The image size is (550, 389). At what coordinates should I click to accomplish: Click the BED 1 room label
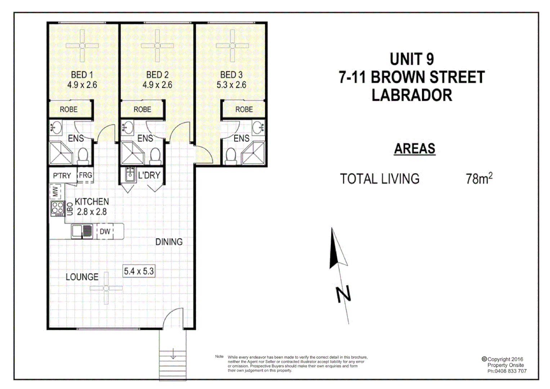click(x=82, y=75)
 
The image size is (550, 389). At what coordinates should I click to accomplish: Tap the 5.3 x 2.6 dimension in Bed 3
click(x=231, y=85)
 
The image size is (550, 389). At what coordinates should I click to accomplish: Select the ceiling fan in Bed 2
click(x=157, y=46)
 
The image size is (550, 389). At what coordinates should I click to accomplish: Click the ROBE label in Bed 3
click(x=244, y=109)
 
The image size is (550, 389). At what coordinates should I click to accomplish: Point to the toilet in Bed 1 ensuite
click(x=83, y=156)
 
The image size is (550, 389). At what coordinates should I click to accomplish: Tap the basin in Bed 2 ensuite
click(x=128, y=127)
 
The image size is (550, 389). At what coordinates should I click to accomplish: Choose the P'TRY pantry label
click(x=62, y=176)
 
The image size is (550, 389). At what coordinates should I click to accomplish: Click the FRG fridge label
click(x=85, y=175)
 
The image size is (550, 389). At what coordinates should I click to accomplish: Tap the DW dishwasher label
click(x=105, y=232)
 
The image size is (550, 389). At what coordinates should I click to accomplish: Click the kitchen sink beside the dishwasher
click(x=82, y=231)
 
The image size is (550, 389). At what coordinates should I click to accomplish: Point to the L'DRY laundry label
click(x=149, y=175)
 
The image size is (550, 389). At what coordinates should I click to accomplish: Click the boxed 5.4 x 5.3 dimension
click(x=139, y=271)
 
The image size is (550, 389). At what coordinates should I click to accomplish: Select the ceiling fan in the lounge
click(x=106, y=288)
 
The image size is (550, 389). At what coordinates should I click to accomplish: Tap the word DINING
click(x=169, y=242)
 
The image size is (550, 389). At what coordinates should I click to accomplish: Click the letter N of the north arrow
click(x=343, y=294)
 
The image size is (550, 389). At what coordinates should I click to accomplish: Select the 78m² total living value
click(x=479, y=179)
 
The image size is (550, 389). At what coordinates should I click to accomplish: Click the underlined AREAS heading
click(x=415, y=148)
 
